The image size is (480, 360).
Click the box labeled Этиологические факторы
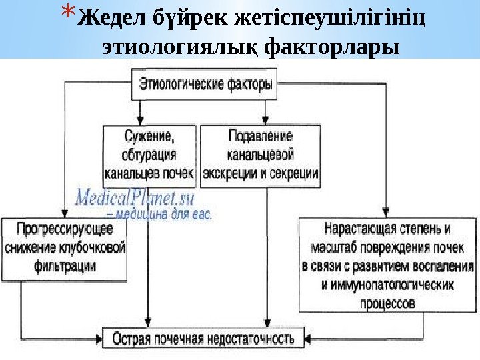click(x=205, y=85)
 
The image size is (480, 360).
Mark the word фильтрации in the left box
click(x=65, y=266)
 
